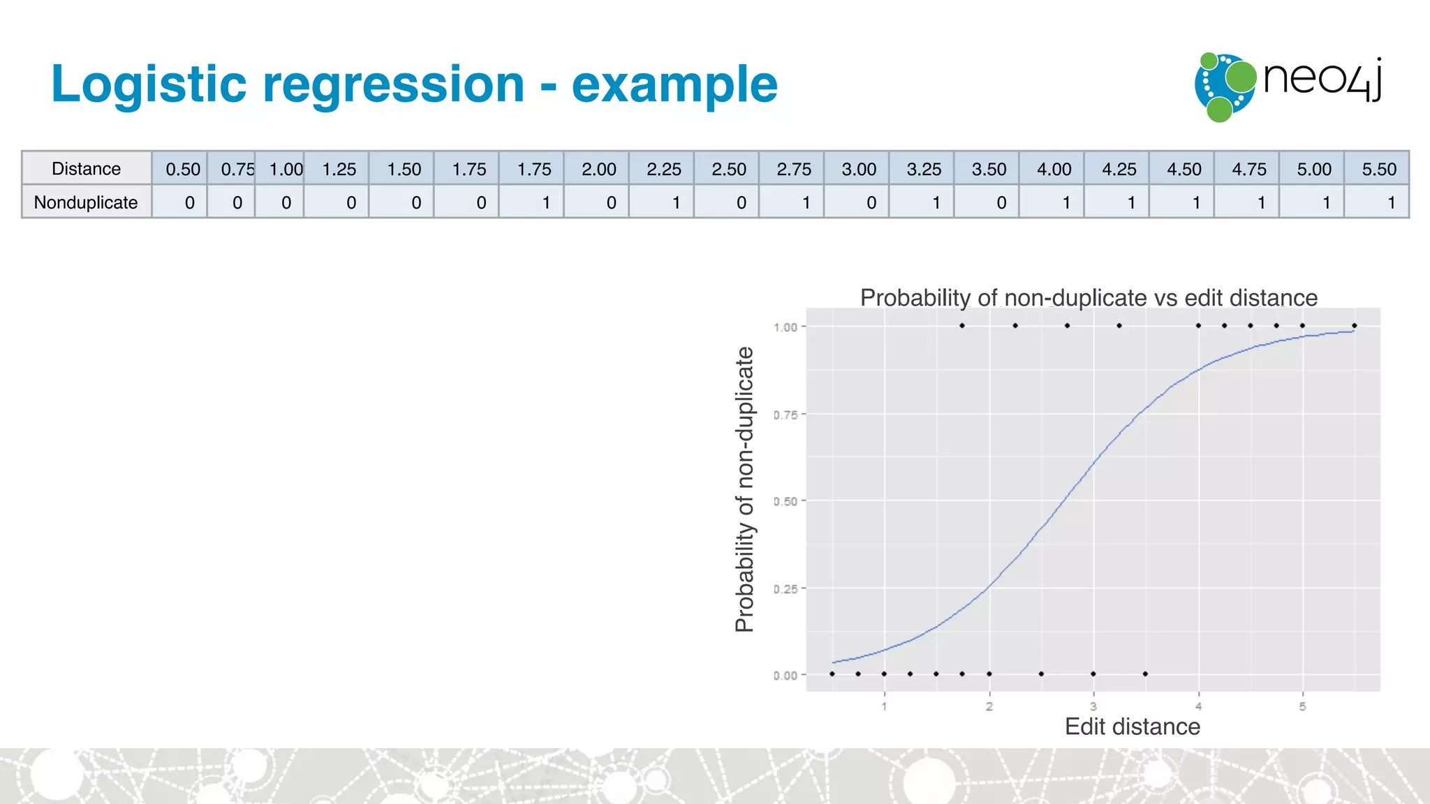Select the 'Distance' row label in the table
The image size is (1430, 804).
86,169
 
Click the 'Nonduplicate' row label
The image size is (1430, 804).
86,202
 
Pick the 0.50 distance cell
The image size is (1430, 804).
182,169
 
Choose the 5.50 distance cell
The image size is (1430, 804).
1378,169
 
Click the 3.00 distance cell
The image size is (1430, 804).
858,169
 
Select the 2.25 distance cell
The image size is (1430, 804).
663,169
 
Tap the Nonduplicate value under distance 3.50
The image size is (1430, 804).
1001,202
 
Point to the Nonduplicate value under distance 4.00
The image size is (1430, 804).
1066,202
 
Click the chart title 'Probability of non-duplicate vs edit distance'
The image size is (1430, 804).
1089,297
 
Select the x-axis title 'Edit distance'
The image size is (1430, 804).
1132,727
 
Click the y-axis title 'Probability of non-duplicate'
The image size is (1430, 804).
745,489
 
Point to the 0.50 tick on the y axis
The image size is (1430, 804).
786,501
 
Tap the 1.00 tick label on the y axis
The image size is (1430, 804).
786,327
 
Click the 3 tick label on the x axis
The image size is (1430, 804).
1093,706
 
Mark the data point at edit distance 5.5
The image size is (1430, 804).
1354,326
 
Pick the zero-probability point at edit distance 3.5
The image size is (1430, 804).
1145,673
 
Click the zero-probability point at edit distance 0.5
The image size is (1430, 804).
832,673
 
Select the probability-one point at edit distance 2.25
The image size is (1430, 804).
1015,326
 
